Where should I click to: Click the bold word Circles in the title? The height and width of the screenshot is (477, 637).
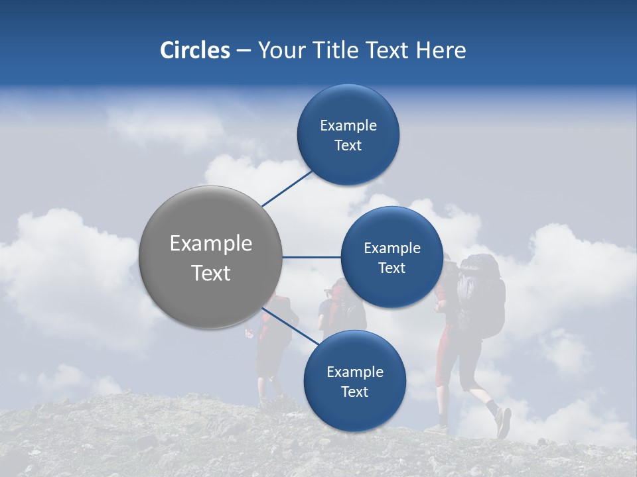[x=195, y=50]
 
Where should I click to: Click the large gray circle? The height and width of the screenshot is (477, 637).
[x=210, y=257]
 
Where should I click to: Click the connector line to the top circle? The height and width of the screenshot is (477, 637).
[x=287, y=188]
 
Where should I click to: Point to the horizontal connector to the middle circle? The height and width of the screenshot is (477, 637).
[x=311, y=257]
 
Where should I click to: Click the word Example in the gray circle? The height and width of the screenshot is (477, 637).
[x=210, y=244]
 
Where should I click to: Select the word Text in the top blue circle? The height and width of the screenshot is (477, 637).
[x=348, y=146]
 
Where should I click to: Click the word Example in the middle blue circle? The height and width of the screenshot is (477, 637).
[x=391, y=248]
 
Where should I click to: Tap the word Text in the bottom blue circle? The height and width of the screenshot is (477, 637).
[x=354, y=392]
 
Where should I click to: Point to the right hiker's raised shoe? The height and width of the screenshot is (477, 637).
[x=504, y=422]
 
